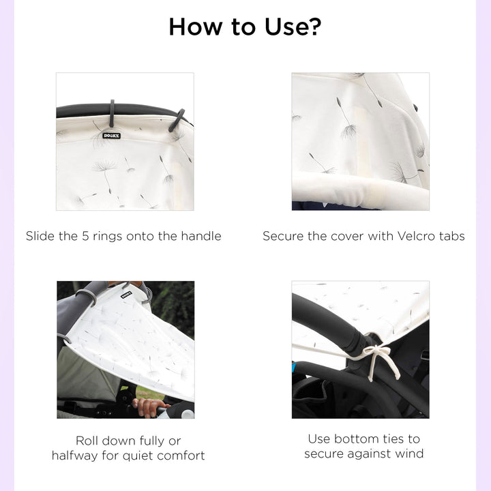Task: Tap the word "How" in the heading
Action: [196, 27]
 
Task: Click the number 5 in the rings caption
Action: [85, 236]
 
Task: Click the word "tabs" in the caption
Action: [452, 236]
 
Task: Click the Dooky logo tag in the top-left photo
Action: [111, 136]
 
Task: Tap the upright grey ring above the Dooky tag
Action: [112, 113]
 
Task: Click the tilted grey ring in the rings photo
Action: [177, 120]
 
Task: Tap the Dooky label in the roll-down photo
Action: [126, 295]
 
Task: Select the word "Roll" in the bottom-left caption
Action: [87, 441]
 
